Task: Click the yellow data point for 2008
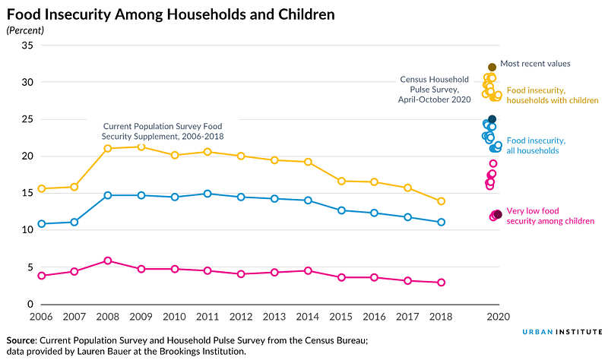(108, 148)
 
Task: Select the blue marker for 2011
(207, 194)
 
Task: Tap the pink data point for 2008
(108, 261)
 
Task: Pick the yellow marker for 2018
(441, 201)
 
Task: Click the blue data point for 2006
(42, 224)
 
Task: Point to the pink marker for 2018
(441, 283)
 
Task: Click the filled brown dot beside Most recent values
(492, 67)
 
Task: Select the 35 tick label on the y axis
(27, 46)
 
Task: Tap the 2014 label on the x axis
(308, 317)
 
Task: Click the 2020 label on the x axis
(499, 317)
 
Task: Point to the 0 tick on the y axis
(30, 305)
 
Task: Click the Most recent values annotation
(535, 64)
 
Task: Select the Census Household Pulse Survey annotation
(434, 90)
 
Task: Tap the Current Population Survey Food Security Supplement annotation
(163, 131)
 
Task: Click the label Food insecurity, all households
(536, 146)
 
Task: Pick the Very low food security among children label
(550, 216)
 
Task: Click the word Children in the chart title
(306, 14)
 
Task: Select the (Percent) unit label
(25, 30)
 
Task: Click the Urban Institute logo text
(562, 332)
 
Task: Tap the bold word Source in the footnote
(21, 340)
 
